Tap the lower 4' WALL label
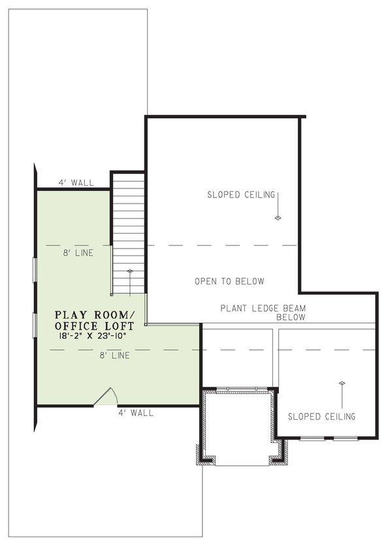136,413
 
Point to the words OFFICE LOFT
95,326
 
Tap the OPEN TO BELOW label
229,282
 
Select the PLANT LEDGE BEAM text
263,308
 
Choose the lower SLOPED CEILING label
322,416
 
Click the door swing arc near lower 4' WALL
108,396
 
